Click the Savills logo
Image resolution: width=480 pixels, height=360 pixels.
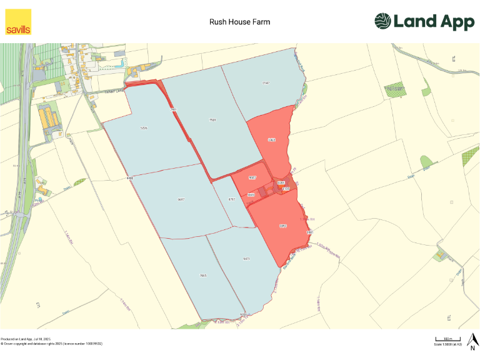(x=18, y=21)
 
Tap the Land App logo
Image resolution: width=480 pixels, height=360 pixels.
(x=424, y=21)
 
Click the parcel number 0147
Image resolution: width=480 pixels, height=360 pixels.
(x=266, y=83)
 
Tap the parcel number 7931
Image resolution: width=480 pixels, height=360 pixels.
(x=212, y=119)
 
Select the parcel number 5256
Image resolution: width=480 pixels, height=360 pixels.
(x=144, y=128)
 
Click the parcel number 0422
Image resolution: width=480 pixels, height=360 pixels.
(x=272, y=140)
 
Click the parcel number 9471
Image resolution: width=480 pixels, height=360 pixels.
(x=246, y=259)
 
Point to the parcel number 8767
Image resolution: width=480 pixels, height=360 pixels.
(x=231, y=199)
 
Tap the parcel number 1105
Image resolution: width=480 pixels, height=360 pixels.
(x=286, y=188)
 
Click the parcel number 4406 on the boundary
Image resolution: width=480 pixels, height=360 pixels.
(x=130, y=179)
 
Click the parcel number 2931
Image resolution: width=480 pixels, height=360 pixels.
(x=174, y=109)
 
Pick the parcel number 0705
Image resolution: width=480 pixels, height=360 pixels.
(x=281, y=182)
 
